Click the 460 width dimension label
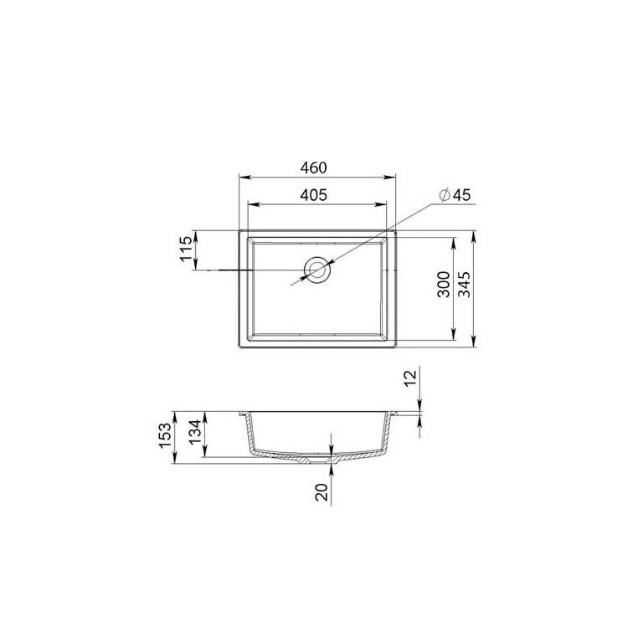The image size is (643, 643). coord(314,167)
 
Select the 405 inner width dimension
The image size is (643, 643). coord(314,195)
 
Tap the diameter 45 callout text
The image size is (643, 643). coord(455,195)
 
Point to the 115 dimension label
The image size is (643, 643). coord(186,248)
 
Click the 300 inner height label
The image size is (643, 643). coord(444,284)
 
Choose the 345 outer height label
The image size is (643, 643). coord(464,284)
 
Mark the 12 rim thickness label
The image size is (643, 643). coord(410,378)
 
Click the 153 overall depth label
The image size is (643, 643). coord(164,435)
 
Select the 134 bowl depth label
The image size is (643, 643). coord(195,431)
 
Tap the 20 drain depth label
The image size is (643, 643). coord(322,492)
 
